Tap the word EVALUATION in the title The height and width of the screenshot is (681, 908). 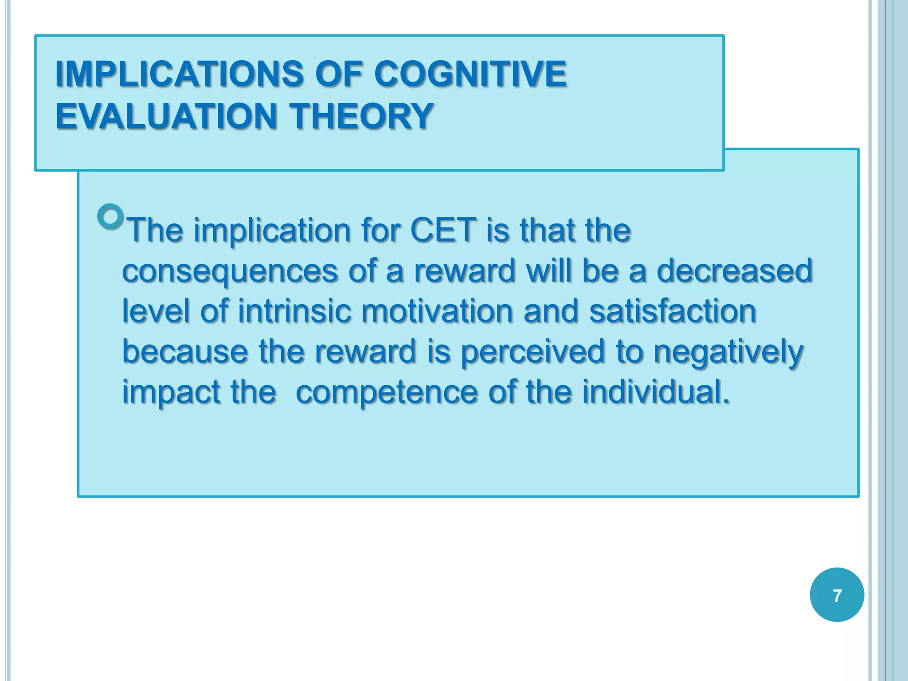click(x=166, y=116)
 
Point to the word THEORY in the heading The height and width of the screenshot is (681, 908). click(x=361, y=116)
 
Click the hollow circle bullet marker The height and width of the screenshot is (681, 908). click(x=110, y=216)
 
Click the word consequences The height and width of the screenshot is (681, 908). click(x=229, y=271)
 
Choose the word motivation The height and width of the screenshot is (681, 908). click(x=437, y=311)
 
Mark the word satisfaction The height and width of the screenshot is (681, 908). click(x=673, y=311)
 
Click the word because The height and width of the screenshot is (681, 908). click(x=185, y=351)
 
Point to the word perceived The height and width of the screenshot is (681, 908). click(x=533, y=352)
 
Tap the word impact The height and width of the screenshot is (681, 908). click(x=171, y=392)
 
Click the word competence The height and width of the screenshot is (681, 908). click(x=387, y=392)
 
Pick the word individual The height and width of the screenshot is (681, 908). click(x=655, y=392)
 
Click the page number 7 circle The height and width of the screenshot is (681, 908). click(x=837, y=595)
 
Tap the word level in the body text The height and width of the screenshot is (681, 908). click(x=156, y=311)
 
